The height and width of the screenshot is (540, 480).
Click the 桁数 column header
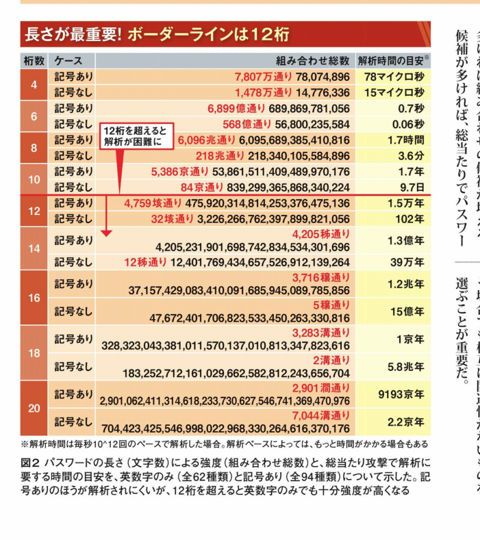pyautogui.click(x=34, y=60)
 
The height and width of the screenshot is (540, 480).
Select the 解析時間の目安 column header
pyautogui.click(x=391, y=60)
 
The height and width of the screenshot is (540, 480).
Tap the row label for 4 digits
pyautogui.click(x=34, y=85)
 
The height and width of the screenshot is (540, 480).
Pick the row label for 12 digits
pyautogui.click(x=34, y=212)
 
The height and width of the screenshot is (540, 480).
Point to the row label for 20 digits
pyautogui.click(x=34, y=408)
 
